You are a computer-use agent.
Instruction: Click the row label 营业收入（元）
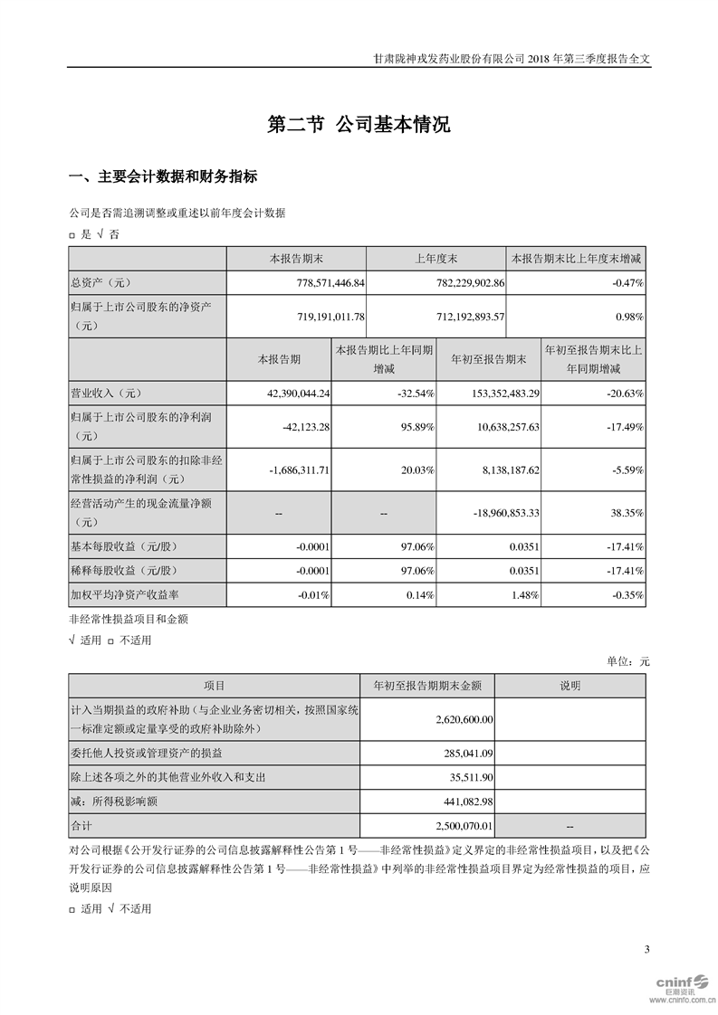tap(107, 394)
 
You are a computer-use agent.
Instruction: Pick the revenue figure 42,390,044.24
tap(293, 394)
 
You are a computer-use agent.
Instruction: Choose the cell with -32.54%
tap(414, 394)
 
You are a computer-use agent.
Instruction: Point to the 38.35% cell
tap(627, 513)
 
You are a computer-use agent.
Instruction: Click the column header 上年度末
tap(436, 259)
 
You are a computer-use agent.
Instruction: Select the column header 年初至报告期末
tap(488, 359)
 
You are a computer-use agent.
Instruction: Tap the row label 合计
tap(82, 826)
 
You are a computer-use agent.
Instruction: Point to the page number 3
tap(646, 949)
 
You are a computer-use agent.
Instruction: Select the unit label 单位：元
tap(627, 661)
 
